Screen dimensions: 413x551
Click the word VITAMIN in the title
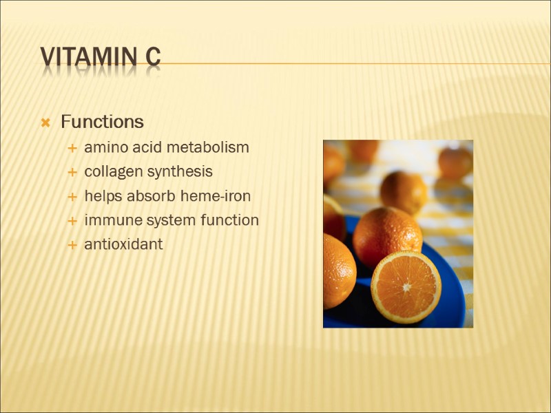[x=89, y=58]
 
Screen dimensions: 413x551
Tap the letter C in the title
[x=153, y=58]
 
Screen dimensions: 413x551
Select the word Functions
[x=102, y=122]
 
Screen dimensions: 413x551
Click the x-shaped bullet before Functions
[x=45, y=123]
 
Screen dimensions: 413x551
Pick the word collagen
[x=112, y=171]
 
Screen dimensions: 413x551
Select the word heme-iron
[x=216, y=196]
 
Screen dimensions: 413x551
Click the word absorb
[x=155, y=196]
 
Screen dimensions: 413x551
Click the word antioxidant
[x=123, y=244]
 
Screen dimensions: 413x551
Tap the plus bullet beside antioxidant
[x=72, y=245]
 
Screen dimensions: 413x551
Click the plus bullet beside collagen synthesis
[x=72, y=172]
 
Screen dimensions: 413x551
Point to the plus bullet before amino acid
[x=72, y=148]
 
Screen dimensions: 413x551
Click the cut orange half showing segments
[x=406, y=286]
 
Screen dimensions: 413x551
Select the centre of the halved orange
[x=406, y=286]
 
